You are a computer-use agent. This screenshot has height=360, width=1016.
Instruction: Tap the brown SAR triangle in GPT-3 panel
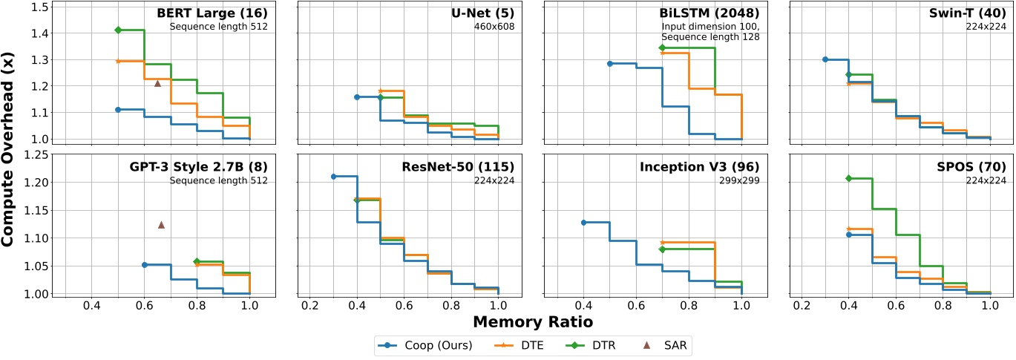point(161,225)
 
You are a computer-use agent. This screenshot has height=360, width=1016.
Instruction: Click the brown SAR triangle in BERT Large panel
point(157,83)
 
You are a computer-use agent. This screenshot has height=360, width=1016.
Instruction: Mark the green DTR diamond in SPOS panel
point(848,178)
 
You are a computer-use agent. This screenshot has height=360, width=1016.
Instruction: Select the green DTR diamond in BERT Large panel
point(118,30)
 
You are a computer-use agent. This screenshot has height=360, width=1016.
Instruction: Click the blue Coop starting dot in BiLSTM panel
point(609,64)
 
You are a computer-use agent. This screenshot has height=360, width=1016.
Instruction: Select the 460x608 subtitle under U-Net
point(494,27)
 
